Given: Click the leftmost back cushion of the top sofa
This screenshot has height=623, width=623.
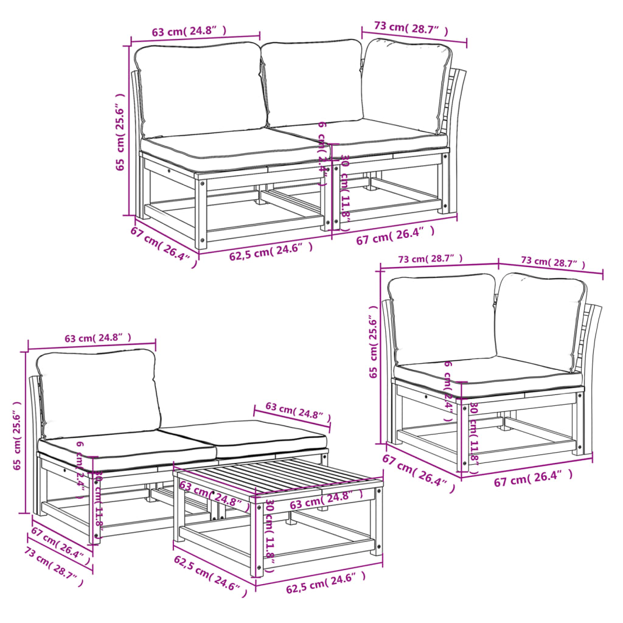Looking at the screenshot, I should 199,89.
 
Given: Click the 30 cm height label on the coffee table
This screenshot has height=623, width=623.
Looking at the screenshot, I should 270,531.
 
